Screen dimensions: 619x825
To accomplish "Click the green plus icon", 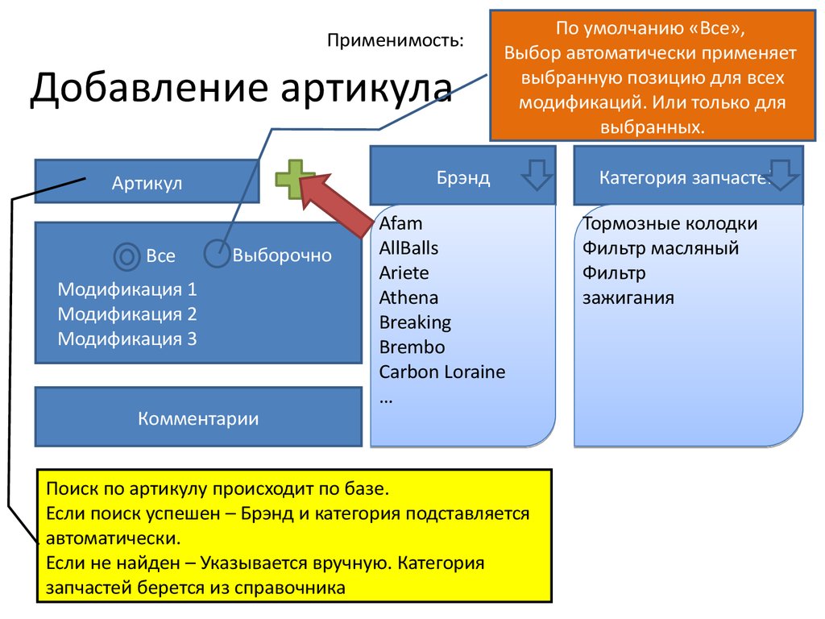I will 295,179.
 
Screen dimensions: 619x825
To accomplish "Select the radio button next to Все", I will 126,256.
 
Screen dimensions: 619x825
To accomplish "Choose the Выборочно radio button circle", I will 217,253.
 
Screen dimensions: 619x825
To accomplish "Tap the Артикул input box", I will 147,182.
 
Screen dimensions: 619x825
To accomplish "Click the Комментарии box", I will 198,418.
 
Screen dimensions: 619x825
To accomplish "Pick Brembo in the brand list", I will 412,347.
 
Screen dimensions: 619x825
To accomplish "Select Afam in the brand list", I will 400,223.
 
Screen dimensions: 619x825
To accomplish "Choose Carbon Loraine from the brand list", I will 442,372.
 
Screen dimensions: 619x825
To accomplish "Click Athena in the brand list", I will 408,297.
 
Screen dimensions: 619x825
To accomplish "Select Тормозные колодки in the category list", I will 670,223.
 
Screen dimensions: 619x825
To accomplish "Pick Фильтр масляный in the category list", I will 661,248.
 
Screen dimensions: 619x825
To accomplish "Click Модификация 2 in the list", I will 127,314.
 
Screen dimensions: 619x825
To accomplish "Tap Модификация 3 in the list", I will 127,339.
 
